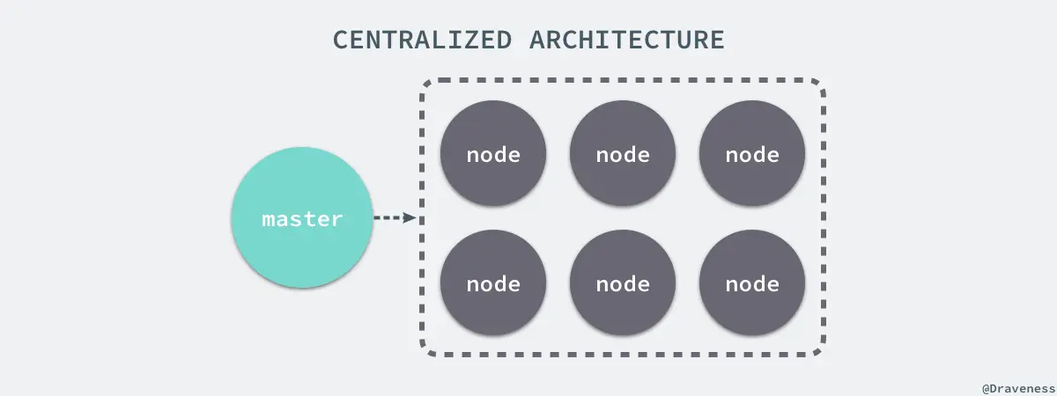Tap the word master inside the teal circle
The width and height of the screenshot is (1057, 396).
tap(302, 219)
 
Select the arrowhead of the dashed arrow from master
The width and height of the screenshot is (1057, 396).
tap(409, 217)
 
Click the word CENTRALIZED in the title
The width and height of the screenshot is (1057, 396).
tap(422, 40)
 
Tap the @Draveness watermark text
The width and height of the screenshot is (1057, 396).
tap(1017, 387)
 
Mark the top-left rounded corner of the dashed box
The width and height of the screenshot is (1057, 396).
tap(428, 86)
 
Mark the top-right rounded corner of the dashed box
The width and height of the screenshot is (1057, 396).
tap(818, 86)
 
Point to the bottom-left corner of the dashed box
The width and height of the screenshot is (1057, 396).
tap(428, 350)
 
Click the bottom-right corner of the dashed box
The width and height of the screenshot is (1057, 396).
tap(818, 350)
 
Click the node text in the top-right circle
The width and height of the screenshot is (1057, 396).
tap(752, 155)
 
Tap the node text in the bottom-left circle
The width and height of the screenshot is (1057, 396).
tap(493, 284)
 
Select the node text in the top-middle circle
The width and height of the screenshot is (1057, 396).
tap(623, 155)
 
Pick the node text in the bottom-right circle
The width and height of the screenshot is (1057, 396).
tap(752, 284)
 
